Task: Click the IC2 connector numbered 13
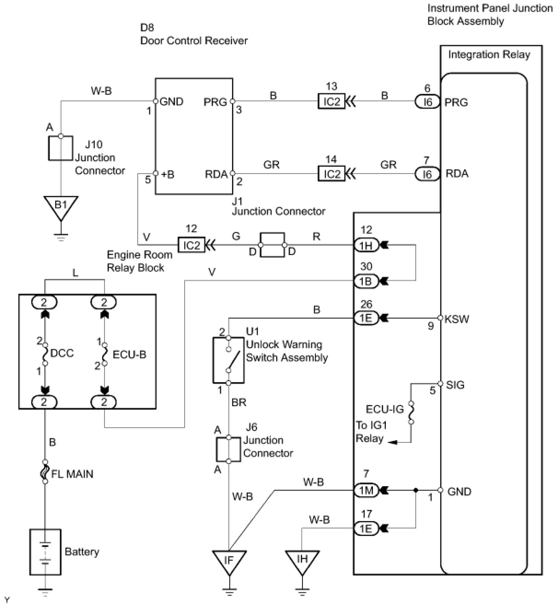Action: (331, 101)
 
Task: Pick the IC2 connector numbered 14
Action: (331, 174)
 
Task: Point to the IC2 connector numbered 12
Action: (192, 245)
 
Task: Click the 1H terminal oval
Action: (366, 245)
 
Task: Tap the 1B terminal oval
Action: (366, 281)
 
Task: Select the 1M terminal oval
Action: (366, 490)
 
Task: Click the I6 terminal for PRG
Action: (427, 102)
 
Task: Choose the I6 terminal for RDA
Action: (427, 174)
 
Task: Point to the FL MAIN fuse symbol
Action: (45, 474)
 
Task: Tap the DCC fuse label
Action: (62, 354)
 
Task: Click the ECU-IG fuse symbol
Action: (411, 412)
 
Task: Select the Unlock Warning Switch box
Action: (228, 360)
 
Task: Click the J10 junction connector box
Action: (61, 148)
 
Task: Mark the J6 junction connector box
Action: (228, 449)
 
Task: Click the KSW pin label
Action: (457, 319)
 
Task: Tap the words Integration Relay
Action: (489, 55)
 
